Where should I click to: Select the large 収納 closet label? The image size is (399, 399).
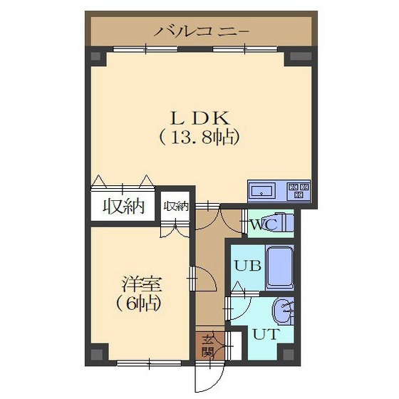123,207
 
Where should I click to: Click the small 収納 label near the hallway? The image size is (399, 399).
176,207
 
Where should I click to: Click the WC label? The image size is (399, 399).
259,225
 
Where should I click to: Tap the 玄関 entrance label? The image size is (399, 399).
208,345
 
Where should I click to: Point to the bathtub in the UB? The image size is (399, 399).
280,266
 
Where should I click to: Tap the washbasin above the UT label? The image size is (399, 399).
284,309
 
